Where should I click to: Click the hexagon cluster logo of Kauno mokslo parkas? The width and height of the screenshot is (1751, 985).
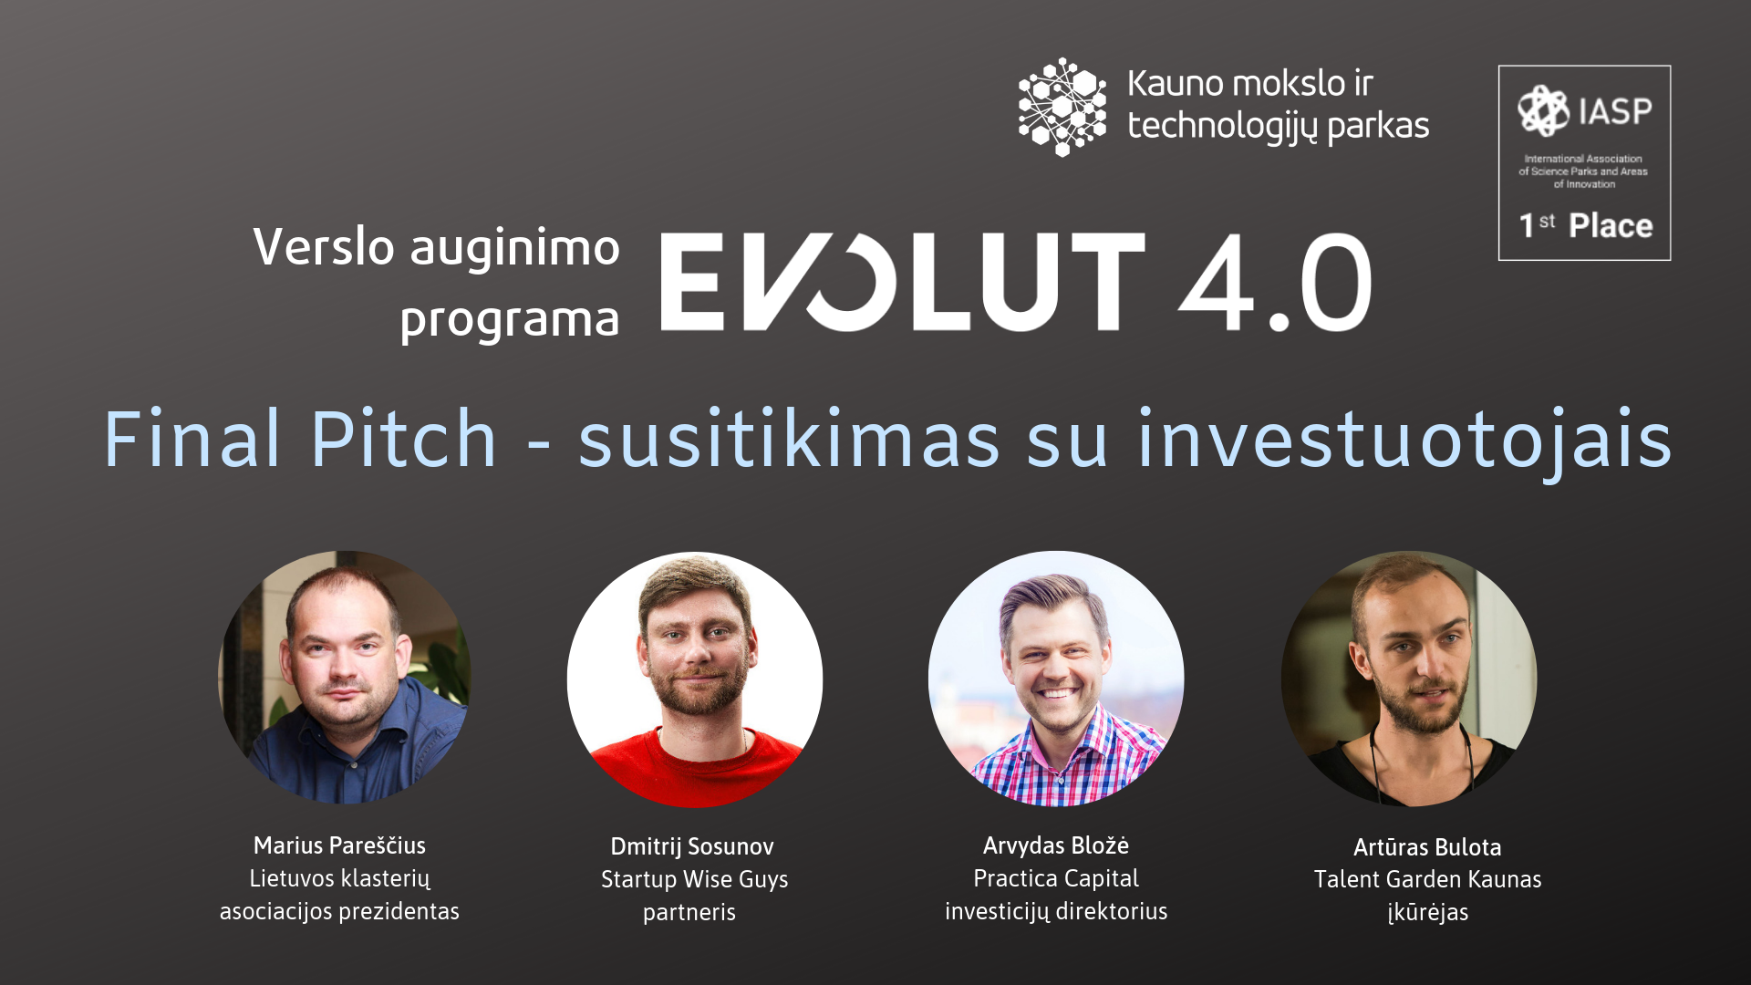tap(1062, 107)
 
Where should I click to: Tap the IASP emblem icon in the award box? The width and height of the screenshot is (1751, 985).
tap(1543, 110)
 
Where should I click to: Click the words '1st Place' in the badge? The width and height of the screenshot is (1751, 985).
tap(1585, 225)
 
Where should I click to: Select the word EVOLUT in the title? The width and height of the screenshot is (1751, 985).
tap(902, 282)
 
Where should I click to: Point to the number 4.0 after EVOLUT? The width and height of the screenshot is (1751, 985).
tap(1275, 282)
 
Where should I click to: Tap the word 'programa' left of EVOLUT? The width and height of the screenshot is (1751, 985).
tap(510, 320)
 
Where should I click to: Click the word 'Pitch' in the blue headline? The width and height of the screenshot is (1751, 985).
tap(404, 439)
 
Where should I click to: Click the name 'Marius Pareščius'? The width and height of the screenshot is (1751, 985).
tap(339, 845)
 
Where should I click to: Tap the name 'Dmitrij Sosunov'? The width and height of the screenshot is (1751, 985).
tap(692, 846)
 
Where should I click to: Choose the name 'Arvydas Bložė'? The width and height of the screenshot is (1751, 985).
tap(1056, 845)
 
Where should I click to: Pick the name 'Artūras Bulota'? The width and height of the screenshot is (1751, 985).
tap(1427, 847)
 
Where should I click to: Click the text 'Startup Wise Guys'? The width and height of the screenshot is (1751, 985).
tap(694, 880)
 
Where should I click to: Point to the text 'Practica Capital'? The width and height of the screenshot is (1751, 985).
tap(1056, 879)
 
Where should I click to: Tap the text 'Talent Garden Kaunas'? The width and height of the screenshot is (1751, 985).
tap(1427, 880)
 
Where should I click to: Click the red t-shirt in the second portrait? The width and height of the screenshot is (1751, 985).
tap(695, 771)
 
